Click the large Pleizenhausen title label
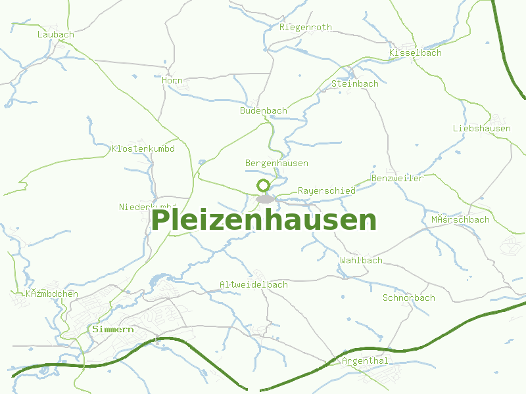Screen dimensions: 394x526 point(264,220)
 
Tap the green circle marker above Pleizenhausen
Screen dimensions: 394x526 point(264,185)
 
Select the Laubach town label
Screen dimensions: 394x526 point(56,34)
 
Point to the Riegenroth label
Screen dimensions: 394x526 point(306,28)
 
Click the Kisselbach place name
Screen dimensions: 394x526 point(416,53)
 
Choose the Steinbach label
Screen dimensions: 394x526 point(355,84)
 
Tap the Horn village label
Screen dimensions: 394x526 point(172,80)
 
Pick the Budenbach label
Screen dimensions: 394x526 point(263,111)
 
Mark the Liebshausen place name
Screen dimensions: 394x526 point(482,128)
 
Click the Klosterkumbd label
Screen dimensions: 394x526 point(143,149)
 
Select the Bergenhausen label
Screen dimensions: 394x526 point(276,163)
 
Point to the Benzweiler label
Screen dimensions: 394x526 point(397,178)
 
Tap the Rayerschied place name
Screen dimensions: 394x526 point(326,190)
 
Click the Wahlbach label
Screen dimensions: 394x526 point(361,260)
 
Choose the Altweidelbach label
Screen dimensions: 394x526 point(254,284)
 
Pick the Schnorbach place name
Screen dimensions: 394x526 point(409,297)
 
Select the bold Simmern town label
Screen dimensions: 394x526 point(114,329)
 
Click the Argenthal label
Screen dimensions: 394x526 point(365,361)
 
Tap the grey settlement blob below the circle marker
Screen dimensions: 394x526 point(266,198)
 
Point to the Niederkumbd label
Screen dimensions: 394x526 point(147,207)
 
